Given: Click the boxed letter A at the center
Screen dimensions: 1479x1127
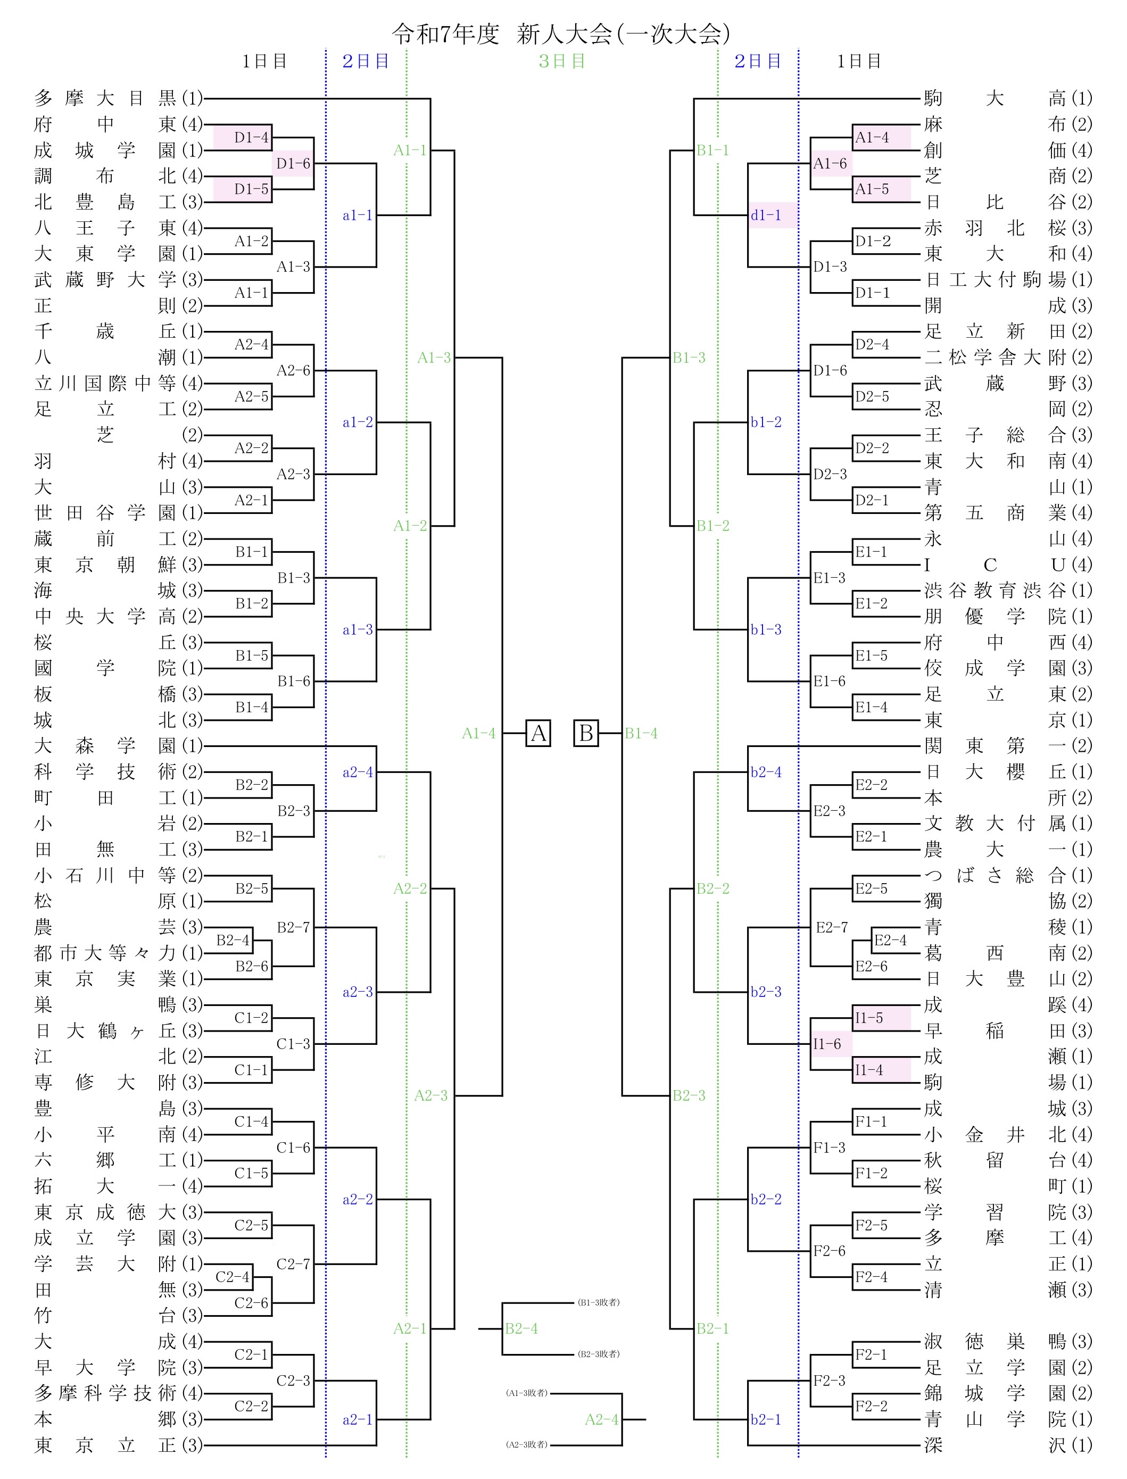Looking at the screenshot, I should point(538,733).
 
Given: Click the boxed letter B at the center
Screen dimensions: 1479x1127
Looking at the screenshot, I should point(586,733).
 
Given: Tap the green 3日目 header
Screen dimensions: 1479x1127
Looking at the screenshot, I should point(562,62).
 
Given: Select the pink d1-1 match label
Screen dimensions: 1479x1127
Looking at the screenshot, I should point(766,215).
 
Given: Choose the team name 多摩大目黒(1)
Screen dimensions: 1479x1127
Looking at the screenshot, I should point(118,98).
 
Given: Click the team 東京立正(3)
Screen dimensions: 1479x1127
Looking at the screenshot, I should point(118,1445).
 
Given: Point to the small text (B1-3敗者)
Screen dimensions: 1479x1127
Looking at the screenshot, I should point(599,1302).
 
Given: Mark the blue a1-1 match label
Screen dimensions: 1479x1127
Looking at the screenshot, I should point(358,215).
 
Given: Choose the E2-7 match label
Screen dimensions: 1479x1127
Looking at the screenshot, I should point(832,928).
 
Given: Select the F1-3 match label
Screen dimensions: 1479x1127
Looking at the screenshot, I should point(830,1148).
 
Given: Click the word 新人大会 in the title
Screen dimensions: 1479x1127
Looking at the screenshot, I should point(564,34).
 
